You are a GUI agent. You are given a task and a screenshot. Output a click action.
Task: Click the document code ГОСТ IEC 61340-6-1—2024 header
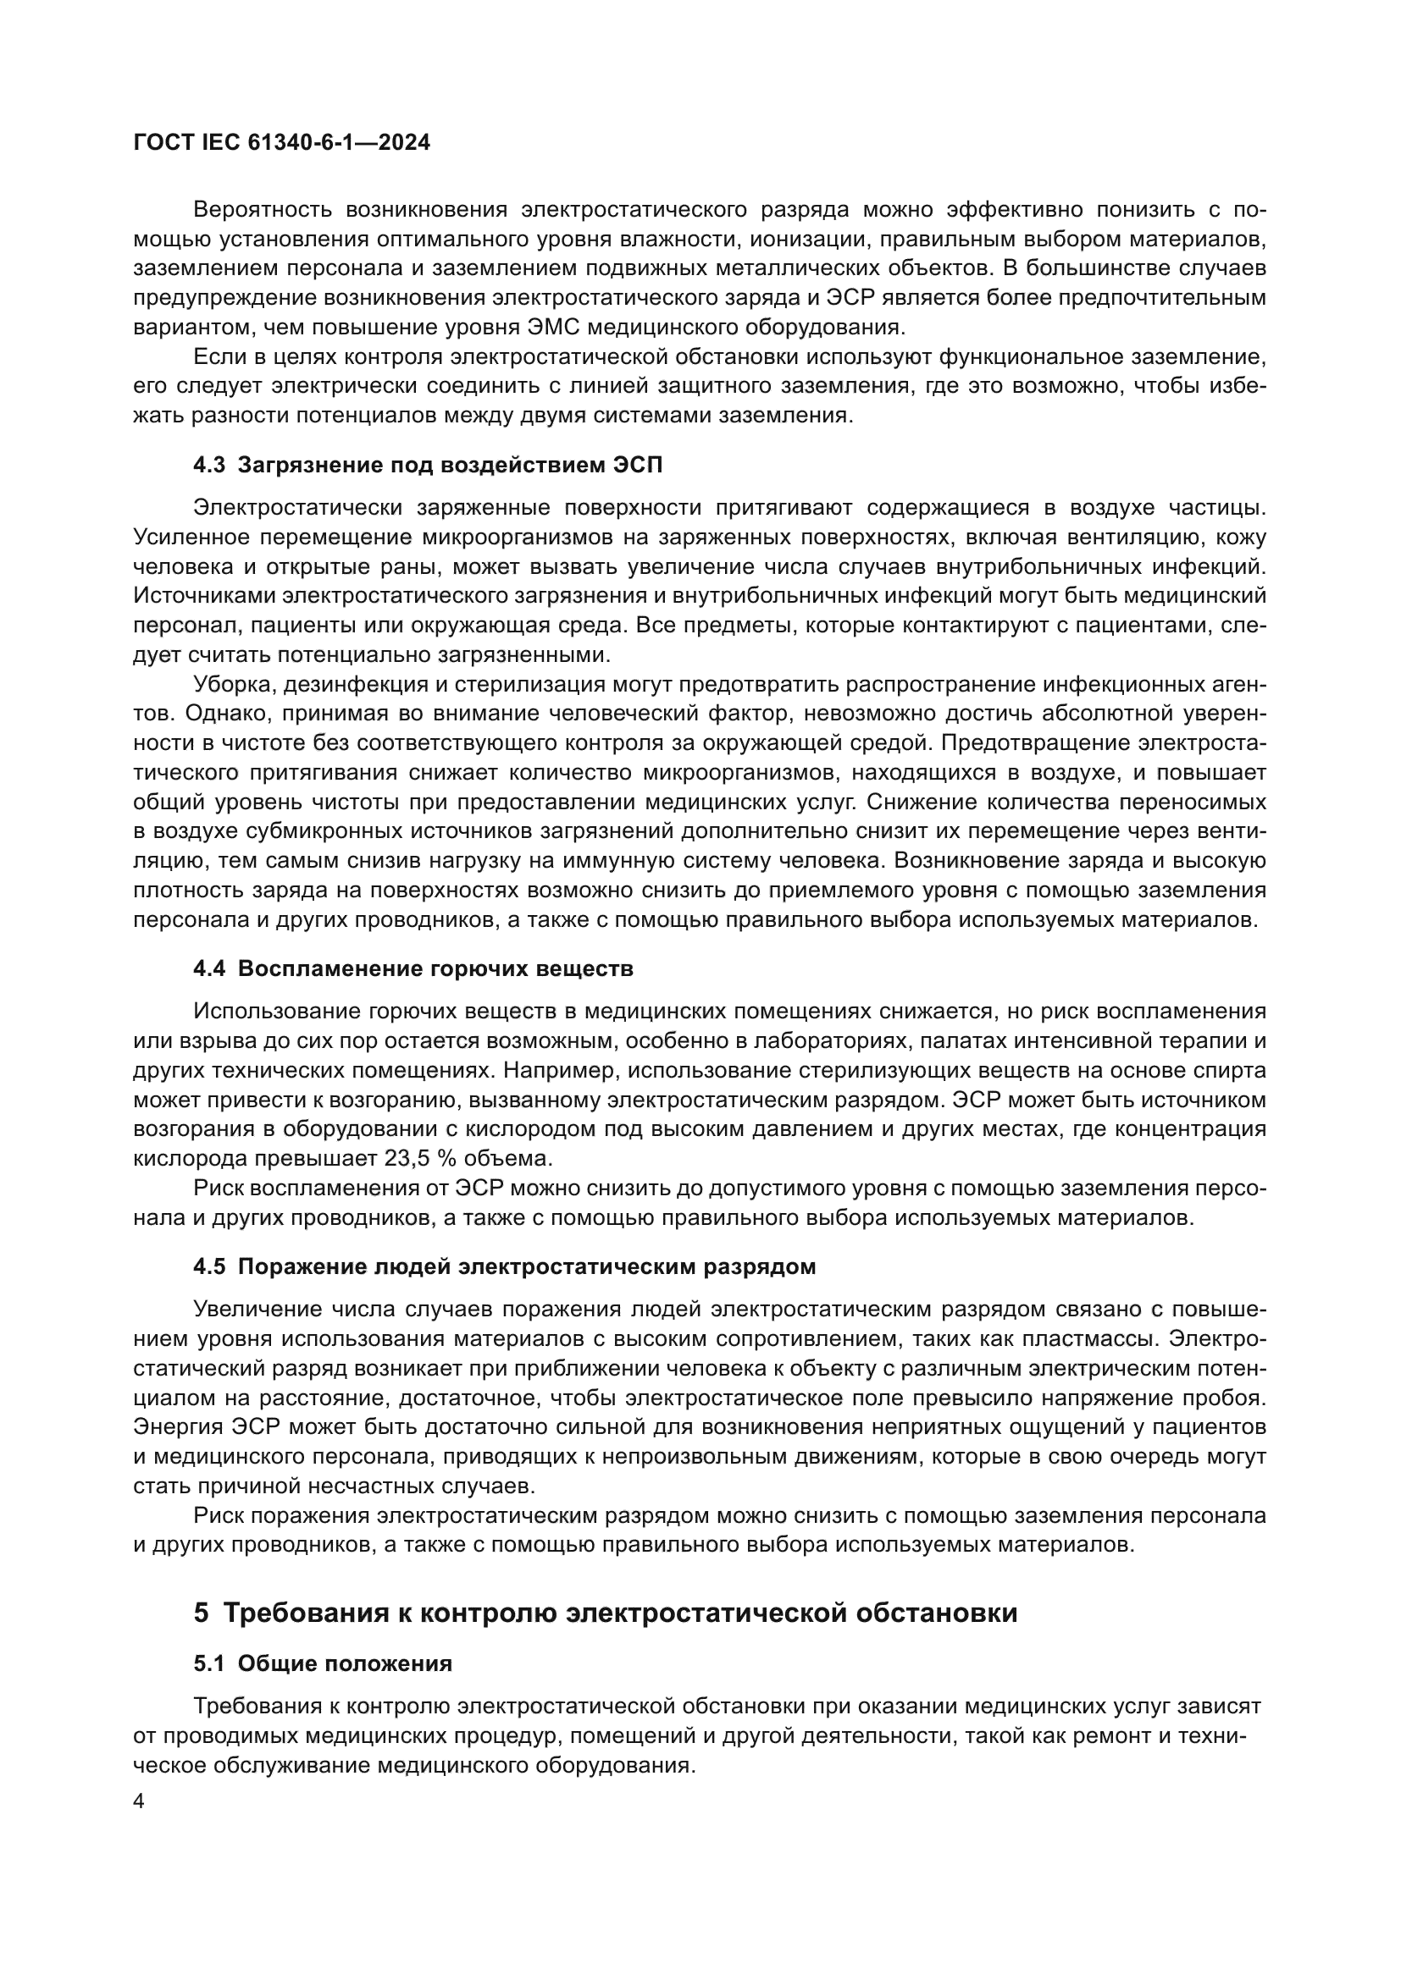coord(281,142)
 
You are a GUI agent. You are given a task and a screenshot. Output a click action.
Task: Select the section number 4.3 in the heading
coord(208,466)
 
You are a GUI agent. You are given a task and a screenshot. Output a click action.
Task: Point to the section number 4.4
coord(208,968)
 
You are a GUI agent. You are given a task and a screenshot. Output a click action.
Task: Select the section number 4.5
coord(208,1267)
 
